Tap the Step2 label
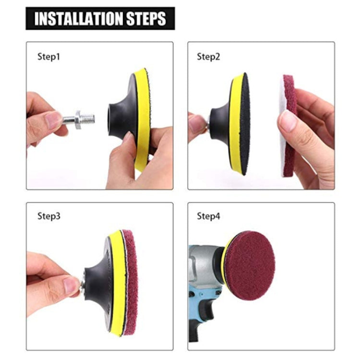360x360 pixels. [x=208, y=56]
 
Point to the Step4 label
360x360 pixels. [x=208, y=216]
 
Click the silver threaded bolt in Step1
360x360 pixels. [x=84, y=117]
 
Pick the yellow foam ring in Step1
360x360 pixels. [x=142, y=120]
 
